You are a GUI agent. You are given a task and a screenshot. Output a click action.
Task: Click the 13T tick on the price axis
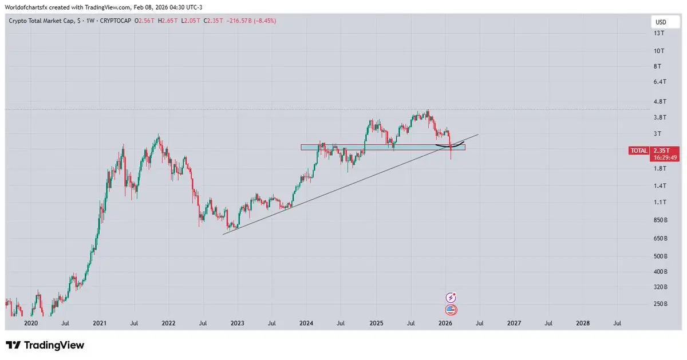tap(659, 34)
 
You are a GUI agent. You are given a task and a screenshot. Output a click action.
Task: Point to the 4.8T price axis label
tap(660, 102)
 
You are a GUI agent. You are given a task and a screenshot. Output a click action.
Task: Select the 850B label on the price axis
tap(660, 220)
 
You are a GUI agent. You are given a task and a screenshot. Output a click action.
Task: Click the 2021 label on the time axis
tap(100, 323)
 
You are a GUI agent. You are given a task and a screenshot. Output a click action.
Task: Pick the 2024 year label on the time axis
tap(306, 323)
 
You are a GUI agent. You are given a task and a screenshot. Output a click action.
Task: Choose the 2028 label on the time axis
tap(583, 323)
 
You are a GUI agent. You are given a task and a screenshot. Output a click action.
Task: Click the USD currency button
tap(660, 22)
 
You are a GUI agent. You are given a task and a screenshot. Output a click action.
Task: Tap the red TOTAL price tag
tap(638, 151)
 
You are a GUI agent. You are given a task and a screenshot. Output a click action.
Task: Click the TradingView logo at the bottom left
tap(45, 345)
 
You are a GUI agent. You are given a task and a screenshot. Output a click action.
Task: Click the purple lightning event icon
tap(451, 297)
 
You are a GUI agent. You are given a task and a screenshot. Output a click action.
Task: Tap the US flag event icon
tap(451, 310)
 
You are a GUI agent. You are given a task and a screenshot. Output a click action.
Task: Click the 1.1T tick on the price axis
tap(660, 202)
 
